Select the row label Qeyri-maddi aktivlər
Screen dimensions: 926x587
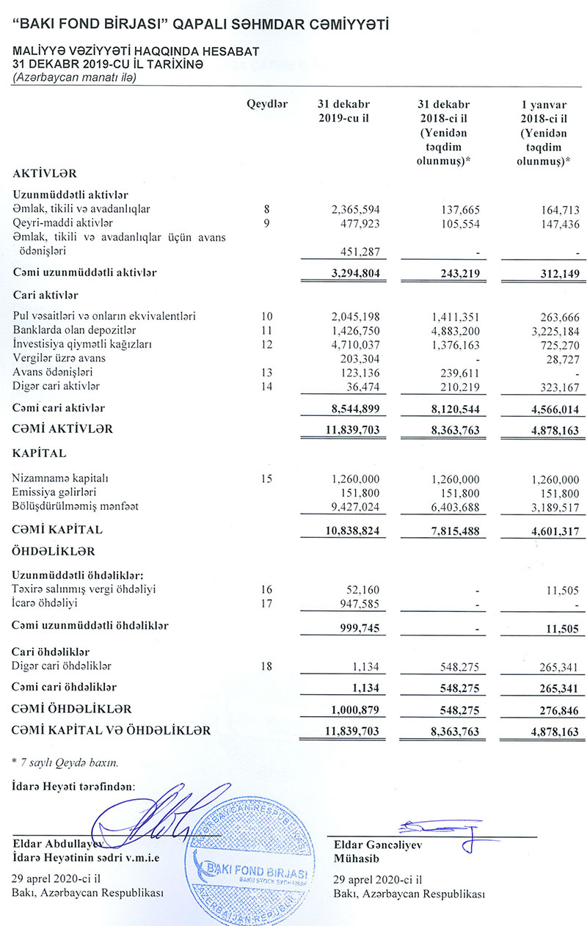pyautogui.click(x=62, y=222)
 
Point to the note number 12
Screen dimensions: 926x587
pyautogui.click(x=266, y=343)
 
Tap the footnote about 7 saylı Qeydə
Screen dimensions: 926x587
pyautogui.click(x=66, y=762)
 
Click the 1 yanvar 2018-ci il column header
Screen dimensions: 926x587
pyautogui.click(x=543, y=133)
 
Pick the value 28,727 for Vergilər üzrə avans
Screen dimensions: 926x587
pyautogui.click(x=559, y=358)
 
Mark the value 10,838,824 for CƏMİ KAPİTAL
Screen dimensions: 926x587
pyautogui.click(x=351, y=530)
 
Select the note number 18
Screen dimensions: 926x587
pyautogui.click(x=266, y=666)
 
